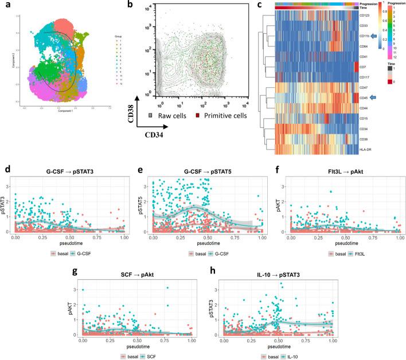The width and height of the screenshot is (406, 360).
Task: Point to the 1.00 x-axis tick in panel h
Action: (330, 341)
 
